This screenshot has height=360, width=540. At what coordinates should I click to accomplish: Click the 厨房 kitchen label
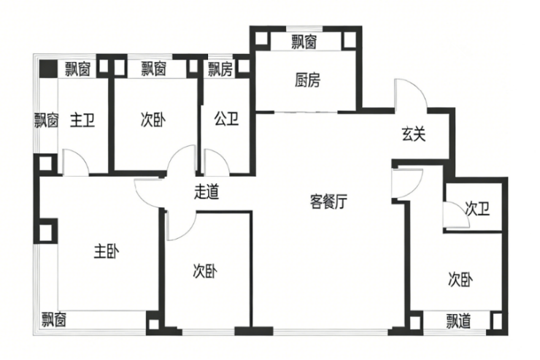pos(307,80)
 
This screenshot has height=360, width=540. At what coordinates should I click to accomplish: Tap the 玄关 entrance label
pos(413,134)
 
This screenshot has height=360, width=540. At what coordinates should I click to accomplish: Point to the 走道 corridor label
pos(207,192)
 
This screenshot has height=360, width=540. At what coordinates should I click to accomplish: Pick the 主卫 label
pos(82,119)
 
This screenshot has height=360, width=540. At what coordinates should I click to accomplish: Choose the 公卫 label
pos(226,118)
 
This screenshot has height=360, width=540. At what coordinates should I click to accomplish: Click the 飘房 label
pos(220,69)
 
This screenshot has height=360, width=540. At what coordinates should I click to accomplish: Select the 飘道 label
pos(459,321)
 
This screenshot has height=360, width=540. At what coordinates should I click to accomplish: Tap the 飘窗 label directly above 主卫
pos(77,69)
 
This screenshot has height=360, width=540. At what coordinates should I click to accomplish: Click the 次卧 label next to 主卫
pos(153,119)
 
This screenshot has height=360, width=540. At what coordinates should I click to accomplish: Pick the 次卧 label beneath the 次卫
pos(461,279)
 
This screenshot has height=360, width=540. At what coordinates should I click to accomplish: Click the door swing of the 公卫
pos(217,161)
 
